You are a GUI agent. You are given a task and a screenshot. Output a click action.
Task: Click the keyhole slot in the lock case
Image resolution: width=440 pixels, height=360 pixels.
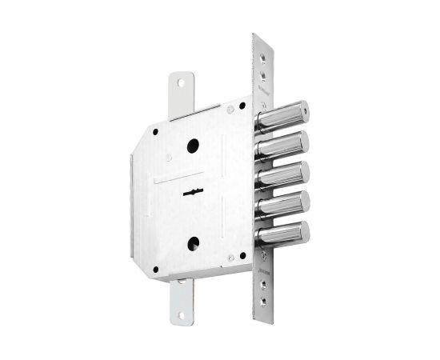click(x=193, y=192)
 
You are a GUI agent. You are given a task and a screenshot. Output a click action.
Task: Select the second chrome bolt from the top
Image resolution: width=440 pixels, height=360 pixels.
click(x=284, y=145)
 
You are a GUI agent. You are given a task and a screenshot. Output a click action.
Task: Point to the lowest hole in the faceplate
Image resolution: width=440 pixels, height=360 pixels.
click(x=266, y=305)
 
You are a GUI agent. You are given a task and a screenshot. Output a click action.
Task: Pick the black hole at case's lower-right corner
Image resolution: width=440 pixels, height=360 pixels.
click(x=230, y=257)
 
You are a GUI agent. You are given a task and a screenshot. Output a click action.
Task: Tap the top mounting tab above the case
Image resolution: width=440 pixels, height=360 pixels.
click(x=181, y=92)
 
